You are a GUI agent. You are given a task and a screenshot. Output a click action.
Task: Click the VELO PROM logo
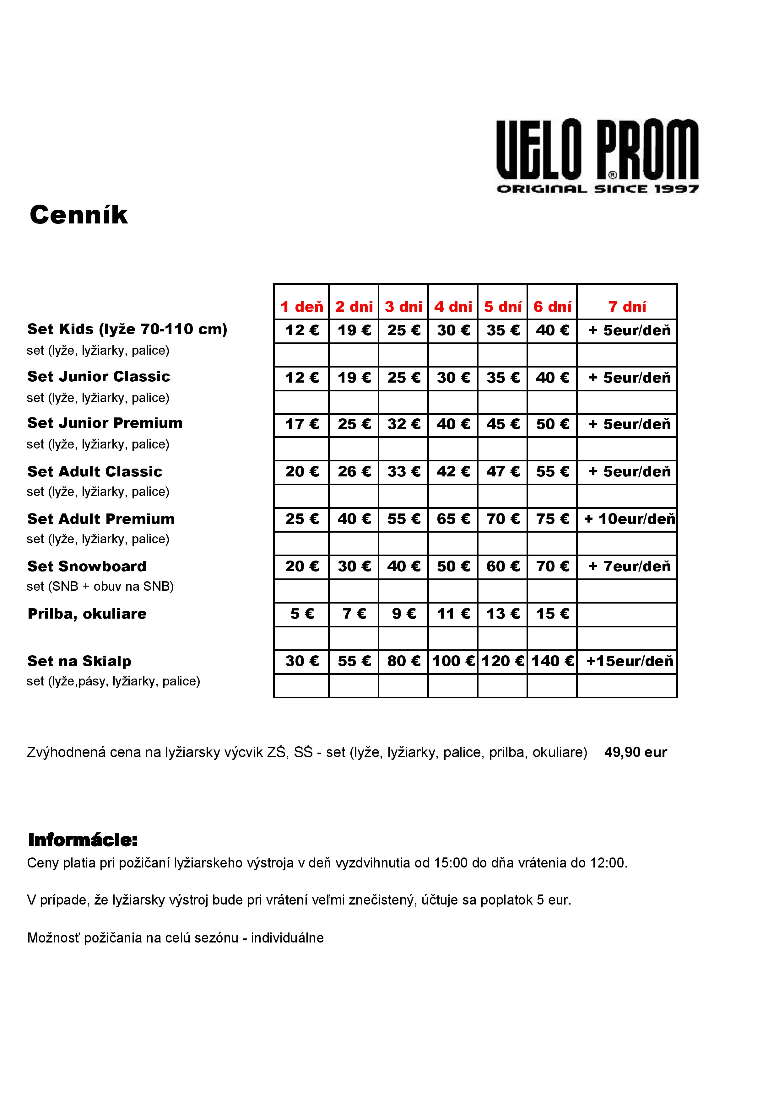[x=597, y=156]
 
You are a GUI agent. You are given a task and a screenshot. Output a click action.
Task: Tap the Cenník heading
[x=79, y=215]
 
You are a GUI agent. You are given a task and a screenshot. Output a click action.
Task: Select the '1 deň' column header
[x=302, y=306]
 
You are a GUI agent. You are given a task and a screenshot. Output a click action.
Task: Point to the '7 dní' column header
[x=627, y=306]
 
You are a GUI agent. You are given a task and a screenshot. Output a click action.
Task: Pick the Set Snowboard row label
[x=87, y=566]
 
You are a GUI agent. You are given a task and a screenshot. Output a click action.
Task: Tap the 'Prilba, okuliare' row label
[x=87, y=614]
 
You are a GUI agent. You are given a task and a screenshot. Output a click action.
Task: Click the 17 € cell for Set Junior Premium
[x=302, y=424]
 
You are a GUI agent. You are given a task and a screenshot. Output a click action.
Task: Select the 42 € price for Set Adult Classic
[x=453, y=472]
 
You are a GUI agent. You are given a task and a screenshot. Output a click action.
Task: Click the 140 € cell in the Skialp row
[x=552, y=661]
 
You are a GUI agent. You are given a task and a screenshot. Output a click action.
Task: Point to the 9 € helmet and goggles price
[x=403, y=614]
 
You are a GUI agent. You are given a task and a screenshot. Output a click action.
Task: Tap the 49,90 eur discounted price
[x=636, y=752]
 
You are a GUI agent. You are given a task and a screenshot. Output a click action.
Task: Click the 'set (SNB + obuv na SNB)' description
[x=100, y=587]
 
